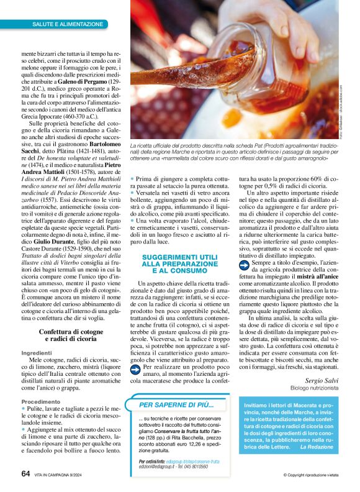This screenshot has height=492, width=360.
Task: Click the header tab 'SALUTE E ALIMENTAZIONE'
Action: [x=68, y=24]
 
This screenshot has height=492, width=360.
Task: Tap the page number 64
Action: [x=25, y=473]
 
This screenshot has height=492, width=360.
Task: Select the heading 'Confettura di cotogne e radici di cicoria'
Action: [x=72, y=336]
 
